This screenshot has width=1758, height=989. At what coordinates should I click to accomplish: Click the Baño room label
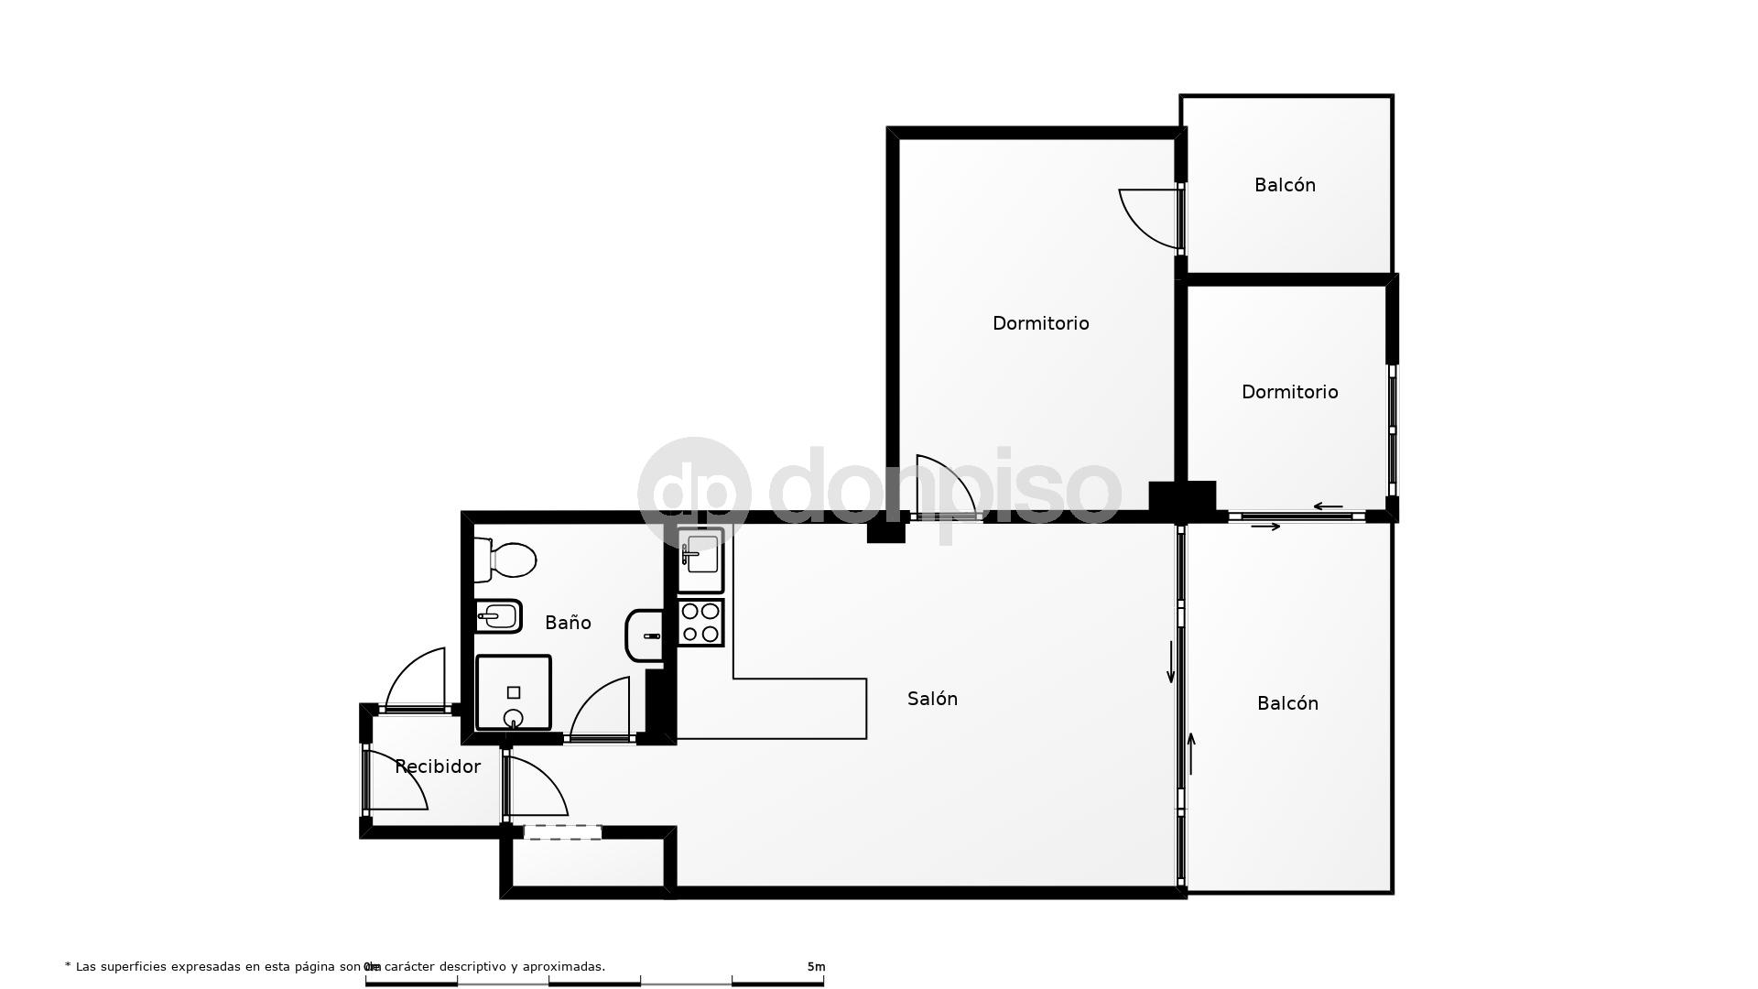tap(568, 623)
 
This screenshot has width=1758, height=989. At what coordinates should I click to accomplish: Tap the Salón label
tap(932, 699)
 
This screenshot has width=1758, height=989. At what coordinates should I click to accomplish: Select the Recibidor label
tap(438, 766)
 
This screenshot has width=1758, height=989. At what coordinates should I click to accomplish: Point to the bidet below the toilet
tap(498, 616)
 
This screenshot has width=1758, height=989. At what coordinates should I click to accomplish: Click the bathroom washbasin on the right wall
tap(645, 635)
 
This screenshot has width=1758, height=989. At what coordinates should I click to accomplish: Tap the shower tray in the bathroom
tap(513, 693)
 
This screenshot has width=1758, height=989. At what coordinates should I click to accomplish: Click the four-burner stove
tap(700, 623)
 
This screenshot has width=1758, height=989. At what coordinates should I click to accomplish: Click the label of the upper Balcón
tap(1285, 185)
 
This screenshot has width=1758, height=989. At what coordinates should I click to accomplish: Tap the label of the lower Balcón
tap(1287, 703)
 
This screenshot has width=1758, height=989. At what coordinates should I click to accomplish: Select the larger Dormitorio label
tap(1040, 323)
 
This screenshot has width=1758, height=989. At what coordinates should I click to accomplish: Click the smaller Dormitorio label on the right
tap(1289, 392)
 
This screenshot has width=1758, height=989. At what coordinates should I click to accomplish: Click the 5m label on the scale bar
tap(816, 966)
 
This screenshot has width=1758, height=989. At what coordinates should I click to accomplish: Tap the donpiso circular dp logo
tap(694, 493)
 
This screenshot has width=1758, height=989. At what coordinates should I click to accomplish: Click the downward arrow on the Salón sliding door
tap(1170, 663)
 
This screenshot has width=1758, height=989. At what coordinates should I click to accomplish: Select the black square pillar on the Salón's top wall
tap(885, 529)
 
